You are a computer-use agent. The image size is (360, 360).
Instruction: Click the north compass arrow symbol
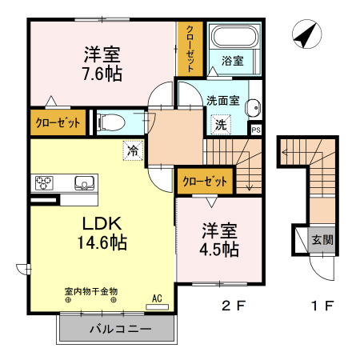click(304, 36)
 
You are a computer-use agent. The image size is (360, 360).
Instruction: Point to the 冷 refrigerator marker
click(132, 149)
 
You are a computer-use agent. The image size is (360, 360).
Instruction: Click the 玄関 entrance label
click(323, 238)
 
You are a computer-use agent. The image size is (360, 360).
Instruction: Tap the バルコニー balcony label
click(114, 328)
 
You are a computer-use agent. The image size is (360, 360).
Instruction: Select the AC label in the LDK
click(157, 299)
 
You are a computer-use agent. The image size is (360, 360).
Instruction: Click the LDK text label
click(99, 222)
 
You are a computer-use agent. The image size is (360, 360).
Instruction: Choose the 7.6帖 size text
click(102, 74)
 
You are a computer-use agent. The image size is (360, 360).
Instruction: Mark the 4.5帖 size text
click(219, 249)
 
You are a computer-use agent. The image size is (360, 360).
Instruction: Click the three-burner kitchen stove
click(45, 182)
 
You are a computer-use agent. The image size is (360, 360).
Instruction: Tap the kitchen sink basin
click(85, 183)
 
